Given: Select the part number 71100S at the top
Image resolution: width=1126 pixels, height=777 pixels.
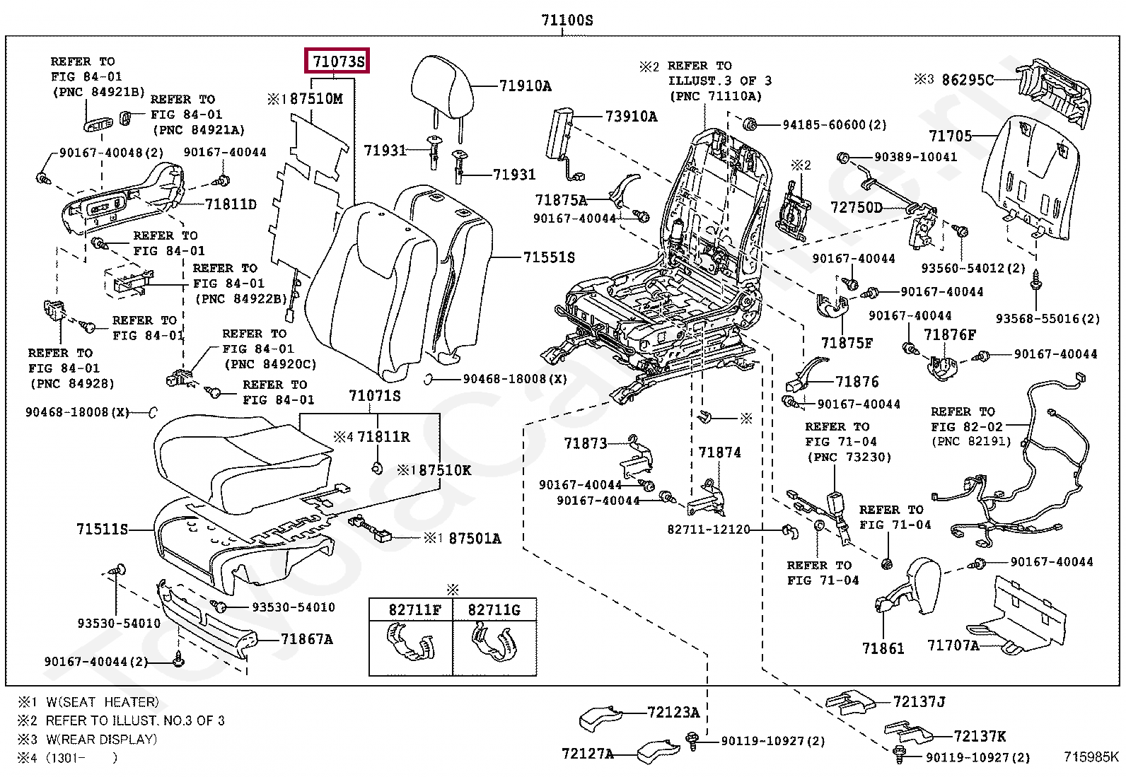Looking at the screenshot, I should [567, 21].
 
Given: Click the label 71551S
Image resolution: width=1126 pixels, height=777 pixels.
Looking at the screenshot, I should [549, 257].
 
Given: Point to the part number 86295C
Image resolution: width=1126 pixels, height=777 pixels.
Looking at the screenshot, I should [968, 80].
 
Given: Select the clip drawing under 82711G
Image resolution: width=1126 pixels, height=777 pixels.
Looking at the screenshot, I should [494, 642].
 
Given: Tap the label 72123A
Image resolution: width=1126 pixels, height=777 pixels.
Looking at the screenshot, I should [673, 712].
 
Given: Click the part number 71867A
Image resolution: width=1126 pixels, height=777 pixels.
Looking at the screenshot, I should [306, 639].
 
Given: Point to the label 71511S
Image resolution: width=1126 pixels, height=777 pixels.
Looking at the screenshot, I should [103, 529].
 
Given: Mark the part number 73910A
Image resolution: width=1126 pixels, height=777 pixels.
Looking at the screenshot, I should [631, 117].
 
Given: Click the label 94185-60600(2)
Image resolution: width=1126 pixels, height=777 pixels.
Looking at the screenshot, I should [834, 125].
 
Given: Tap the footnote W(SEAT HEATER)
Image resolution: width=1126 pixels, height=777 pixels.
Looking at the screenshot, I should [103, 702].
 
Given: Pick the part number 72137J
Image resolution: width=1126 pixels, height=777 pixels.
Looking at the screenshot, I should [919, 701].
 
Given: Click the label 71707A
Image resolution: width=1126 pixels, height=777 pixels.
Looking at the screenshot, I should [953, 645].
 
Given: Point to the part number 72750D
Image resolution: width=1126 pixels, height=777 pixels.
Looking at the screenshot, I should [857, 207].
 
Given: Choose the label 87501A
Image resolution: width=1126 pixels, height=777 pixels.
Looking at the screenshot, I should [475, 539].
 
